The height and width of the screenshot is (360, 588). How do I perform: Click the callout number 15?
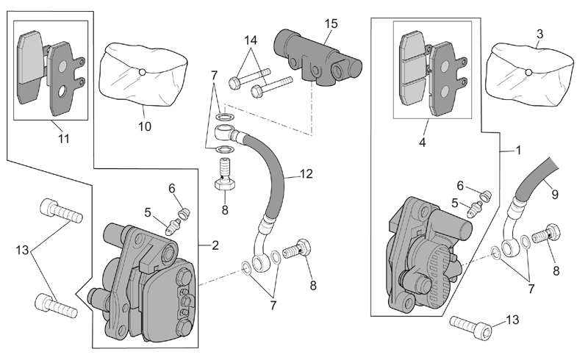[x=331, y=24]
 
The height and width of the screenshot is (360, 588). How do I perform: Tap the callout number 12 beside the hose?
[x=306, y=174]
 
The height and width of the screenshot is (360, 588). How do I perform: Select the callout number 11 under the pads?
[x=64, y=139]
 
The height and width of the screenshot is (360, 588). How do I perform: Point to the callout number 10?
[x=145, y=126]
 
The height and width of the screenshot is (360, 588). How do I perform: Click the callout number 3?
[x=539, y=34]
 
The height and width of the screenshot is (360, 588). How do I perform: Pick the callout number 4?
[x=422, y=143]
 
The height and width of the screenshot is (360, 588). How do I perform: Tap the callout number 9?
[x=555, y=194]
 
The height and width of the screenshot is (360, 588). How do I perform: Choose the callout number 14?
[x=251, y=40]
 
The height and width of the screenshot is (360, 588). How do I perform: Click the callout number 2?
[x=215, y=245]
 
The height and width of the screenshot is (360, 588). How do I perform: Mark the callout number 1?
[x=519, y=151]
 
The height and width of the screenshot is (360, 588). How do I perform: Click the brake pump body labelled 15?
[x=318, y=59]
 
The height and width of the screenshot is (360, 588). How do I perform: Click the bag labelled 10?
[x=143, y=76]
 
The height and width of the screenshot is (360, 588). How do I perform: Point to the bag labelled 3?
[x=529, y=75]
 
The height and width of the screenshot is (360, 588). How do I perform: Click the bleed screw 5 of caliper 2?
[x=172, y=226]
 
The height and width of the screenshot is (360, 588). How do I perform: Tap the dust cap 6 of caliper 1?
[x=486, y=195]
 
